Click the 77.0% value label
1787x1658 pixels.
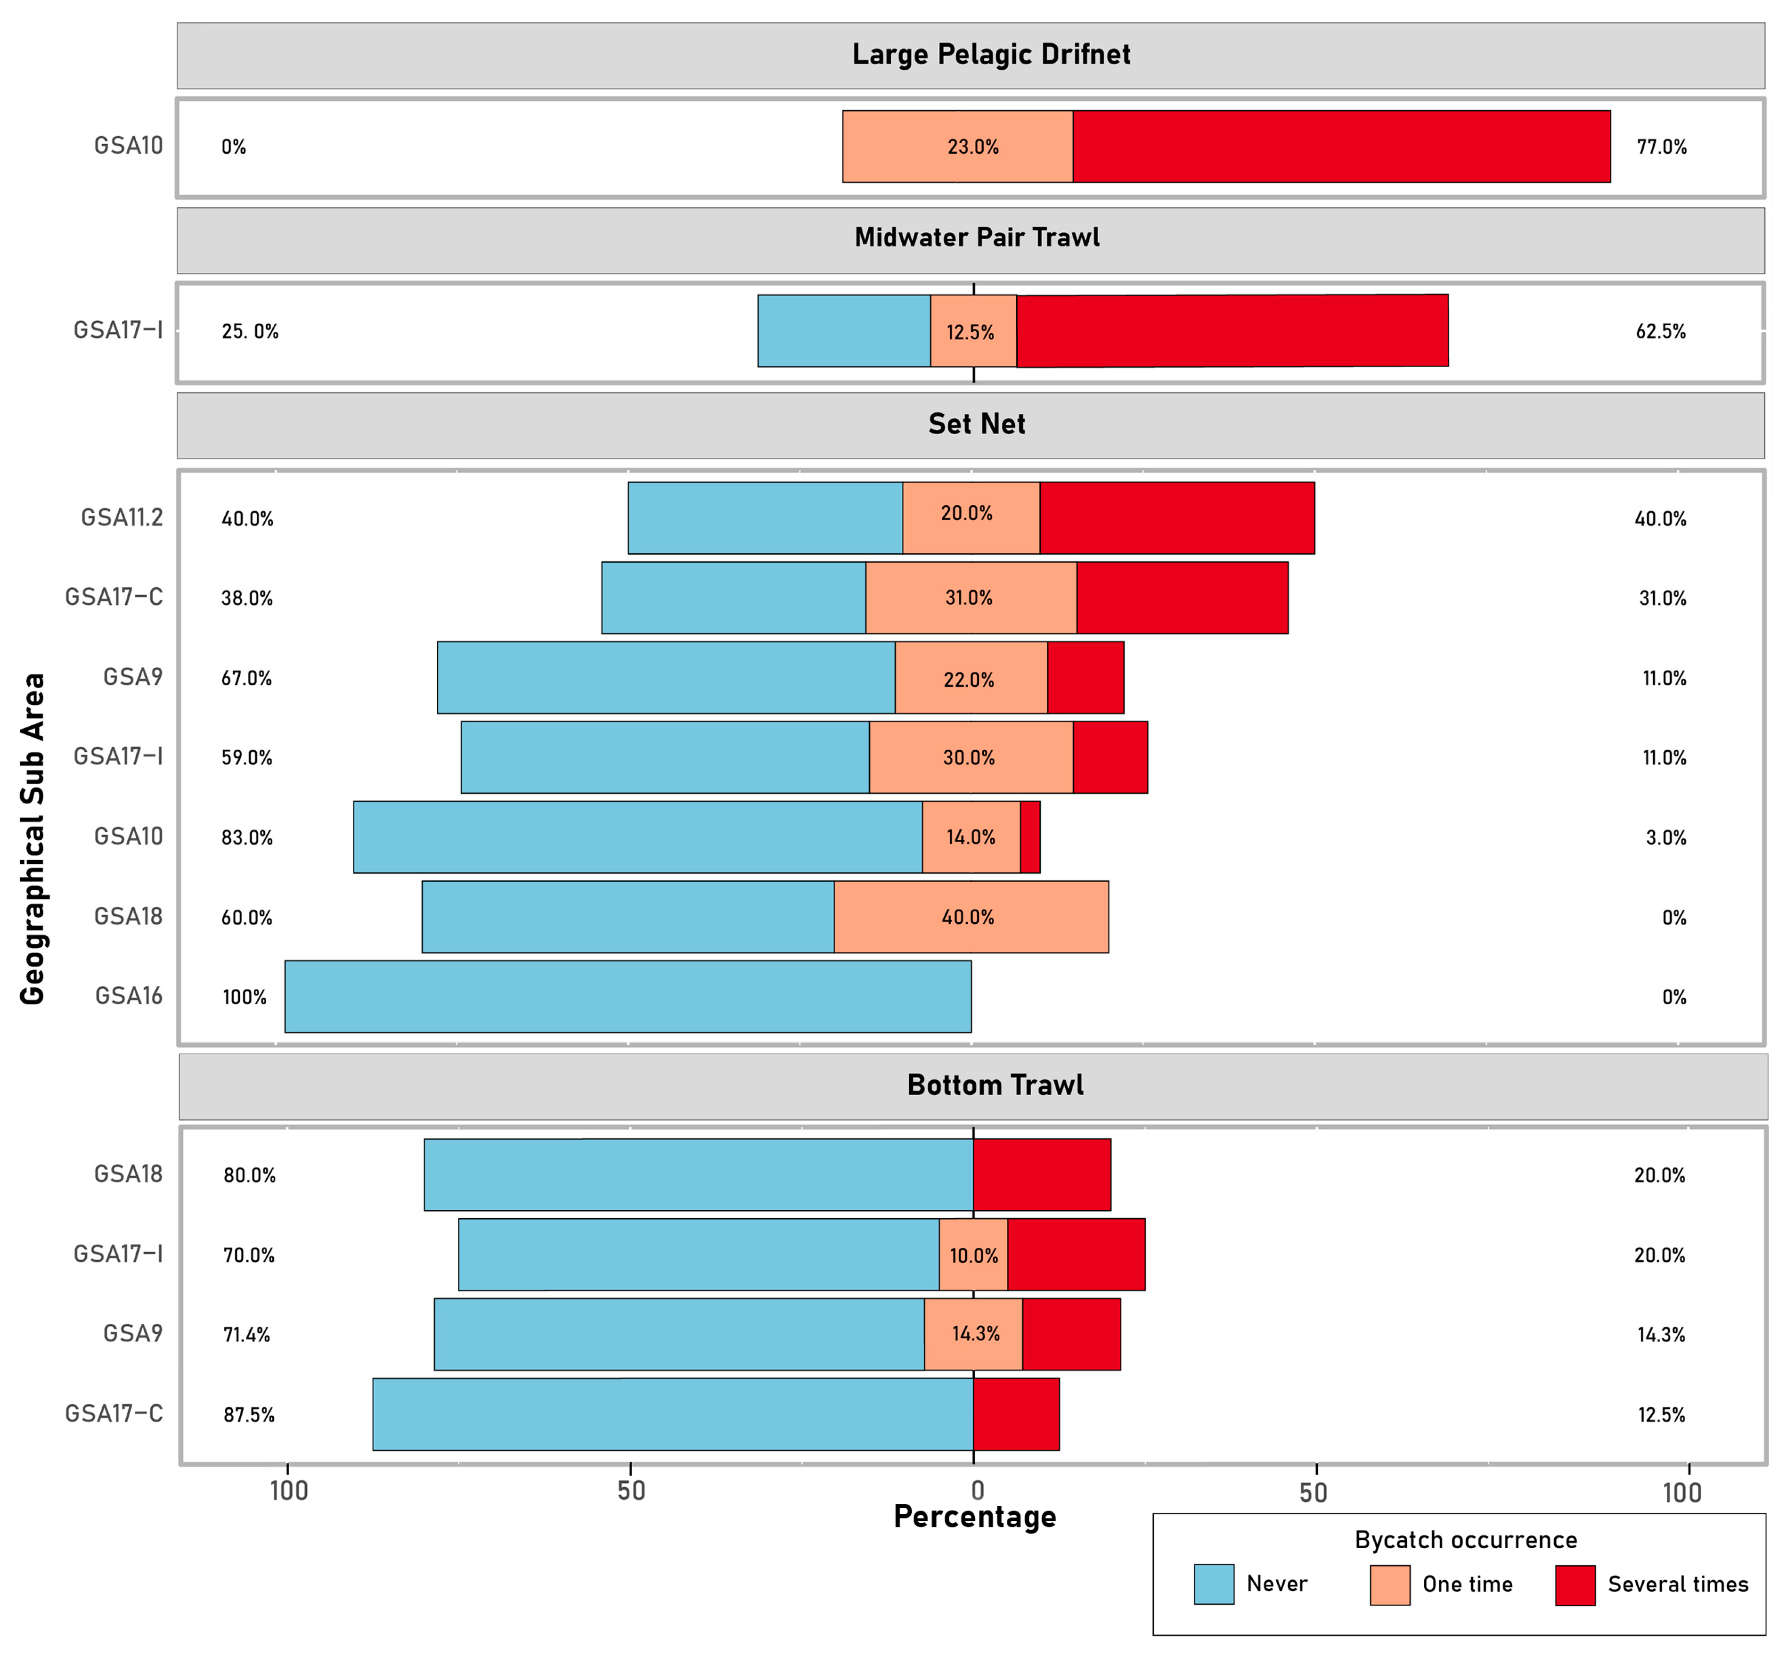pyautogui.click(x=1661, y=147)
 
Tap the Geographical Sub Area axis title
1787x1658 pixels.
pyautogui.click(x=33, y=839)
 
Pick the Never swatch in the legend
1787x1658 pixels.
pyautogui.click(x=1214, y=1584)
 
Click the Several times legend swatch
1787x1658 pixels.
pyautogui.click(x=1575, y=1584)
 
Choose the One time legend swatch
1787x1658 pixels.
pyautogui.click(x=1389, y=1584)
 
